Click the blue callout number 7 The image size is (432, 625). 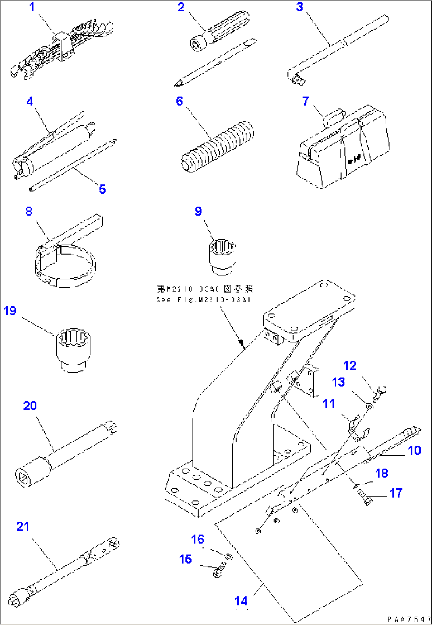coord(305,101)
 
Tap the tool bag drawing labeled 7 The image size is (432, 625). coord(343,149)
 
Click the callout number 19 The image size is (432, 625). coord(10,311)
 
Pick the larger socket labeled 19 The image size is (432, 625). coord(73,349)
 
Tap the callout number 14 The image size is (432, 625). coord(241,601)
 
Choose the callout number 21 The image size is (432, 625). coord(23,527)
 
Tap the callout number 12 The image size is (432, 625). coord(350,366)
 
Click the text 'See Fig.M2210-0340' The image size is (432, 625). coord(204,300)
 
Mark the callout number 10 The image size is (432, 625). coord(414,451)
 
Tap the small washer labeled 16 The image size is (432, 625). coord(229,557)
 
